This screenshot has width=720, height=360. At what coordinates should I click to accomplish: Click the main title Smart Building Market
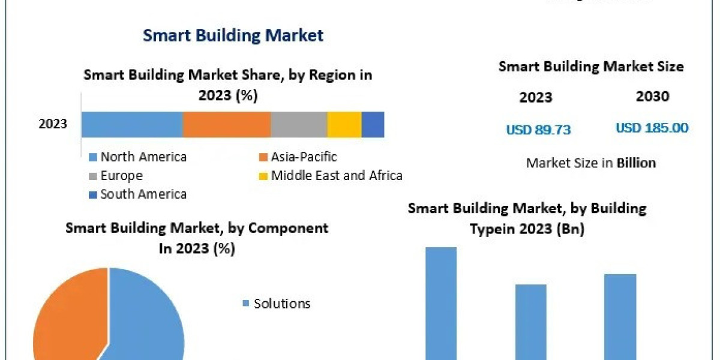tap(233, 35)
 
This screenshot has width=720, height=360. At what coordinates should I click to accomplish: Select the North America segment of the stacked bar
tap(132, 124)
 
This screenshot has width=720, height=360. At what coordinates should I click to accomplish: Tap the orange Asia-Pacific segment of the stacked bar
tap(226, 124)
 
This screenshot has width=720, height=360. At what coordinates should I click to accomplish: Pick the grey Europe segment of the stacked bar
tap(298, 124)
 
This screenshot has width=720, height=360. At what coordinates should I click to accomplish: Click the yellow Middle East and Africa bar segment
tap(344, 124)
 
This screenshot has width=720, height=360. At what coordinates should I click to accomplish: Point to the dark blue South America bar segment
tap(373, 124)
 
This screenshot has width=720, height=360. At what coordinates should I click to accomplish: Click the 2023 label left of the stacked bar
tap(53, 124)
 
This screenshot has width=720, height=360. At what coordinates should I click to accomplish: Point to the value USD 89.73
tap(538, 129)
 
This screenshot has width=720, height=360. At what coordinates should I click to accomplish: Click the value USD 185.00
tap(652, 128)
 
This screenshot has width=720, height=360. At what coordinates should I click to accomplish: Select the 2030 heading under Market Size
tap(652, 97)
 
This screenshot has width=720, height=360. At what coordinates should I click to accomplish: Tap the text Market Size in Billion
tap(590, 163)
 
